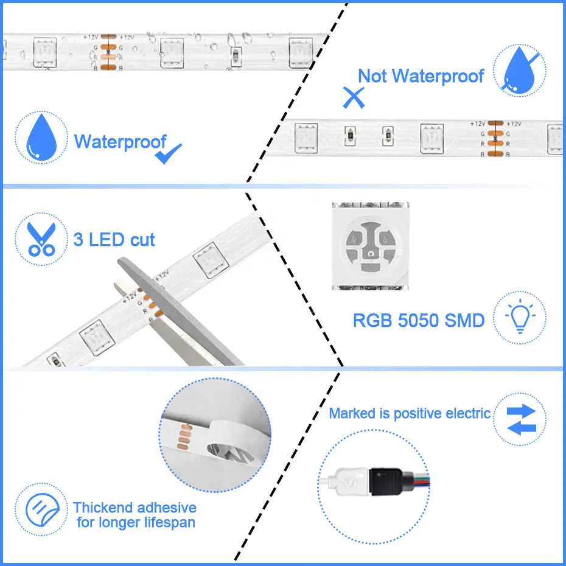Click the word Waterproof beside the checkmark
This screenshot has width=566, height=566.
[x=120, y=142]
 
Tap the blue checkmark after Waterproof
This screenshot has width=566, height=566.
[x=169, y=154]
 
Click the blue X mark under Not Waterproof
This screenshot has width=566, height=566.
[x=353, y=97]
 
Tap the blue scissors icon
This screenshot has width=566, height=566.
[x=41, y=238]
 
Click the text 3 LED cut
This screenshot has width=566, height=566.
[x=114, y=239]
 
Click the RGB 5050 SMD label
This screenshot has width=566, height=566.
[x=419, y=320]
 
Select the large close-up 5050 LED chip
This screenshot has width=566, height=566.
[x=370, y=245]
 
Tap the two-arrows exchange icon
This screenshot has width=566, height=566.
[x=519, y=419]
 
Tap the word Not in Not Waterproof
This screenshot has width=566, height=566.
[x=372, y=76]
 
